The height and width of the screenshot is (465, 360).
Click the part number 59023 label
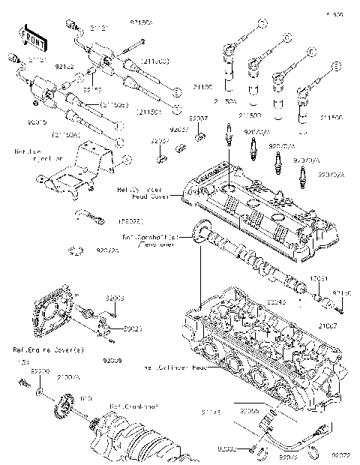[112, 328]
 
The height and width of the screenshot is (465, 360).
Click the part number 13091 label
[319, 277]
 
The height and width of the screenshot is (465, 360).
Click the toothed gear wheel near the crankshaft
[63, 410]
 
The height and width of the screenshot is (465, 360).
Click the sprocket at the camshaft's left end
[200, 232]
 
